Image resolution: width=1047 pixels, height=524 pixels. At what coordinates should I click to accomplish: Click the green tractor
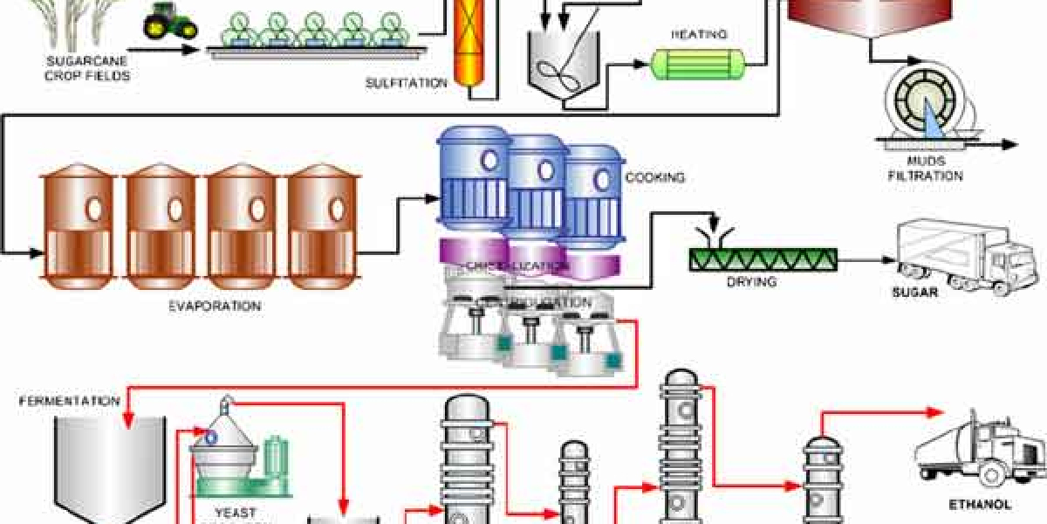pos(170,24)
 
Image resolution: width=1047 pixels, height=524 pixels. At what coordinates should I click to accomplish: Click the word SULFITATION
pos(407,83)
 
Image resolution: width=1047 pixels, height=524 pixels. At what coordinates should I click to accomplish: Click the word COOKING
pos(654,178)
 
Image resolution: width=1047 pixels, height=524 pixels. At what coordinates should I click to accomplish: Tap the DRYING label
pos(751,282)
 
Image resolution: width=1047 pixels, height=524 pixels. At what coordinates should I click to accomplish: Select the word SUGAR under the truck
pos(914,293)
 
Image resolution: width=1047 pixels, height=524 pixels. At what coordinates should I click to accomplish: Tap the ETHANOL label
pos(979,504)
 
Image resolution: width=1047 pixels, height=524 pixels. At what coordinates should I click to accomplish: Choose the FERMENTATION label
pos(70,401)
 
